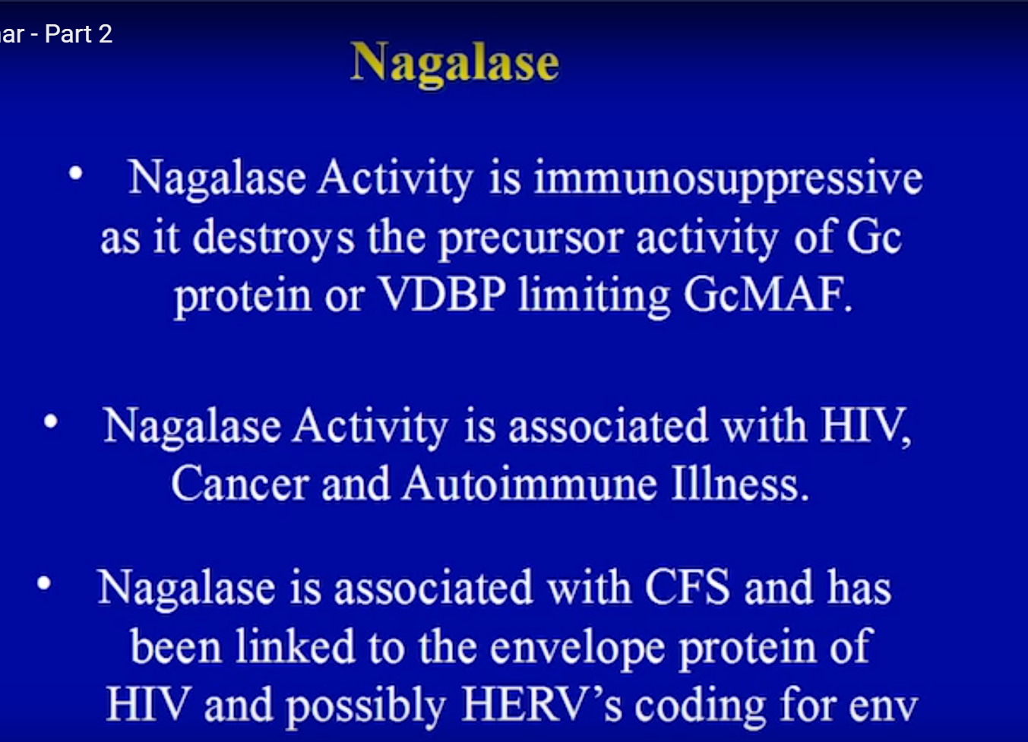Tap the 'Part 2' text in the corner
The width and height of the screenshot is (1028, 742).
click(78, 34)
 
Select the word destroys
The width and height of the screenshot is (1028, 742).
click(274, 238)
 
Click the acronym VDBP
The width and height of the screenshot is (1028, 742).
click(443, 294)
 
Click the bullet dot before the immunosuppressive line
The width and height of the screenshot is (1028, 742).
click(76, 174)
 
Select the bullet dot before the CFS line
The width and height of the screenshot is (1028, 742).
click(44, 583)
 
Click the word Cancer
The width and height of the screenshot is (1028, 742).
click(240, 484)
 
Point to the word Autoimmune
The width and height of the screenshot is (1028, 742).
click(529, 484)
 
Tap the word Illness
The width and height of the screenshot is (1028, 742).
click(739, 483)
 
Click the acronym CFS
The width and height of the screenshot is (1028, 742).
click(687, 587)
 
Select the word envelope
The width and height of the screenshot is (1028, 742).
click(577, 648)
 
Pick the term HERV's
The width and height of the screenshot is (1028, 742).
click(542, 704)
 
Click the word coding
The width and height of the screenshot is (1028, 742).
click(701, 707)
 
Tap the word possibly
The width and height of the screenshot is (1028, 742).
click(366, 707)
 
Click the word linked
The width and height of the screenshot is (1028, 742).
click(296, 646)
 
